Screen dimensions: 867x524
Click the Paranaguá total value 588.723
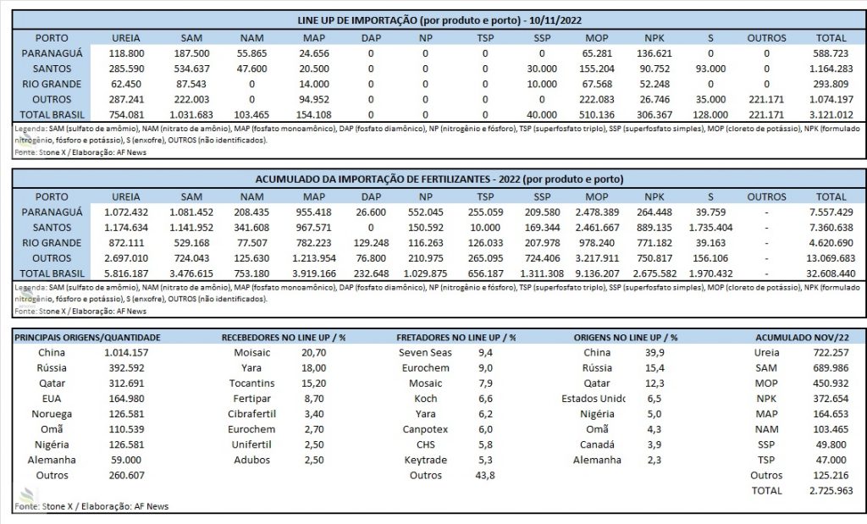(831, 53)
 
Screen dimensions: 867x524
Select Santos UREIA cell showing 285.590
(126, 69)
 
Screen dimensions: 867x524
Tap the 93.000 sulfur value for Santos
(710, 69)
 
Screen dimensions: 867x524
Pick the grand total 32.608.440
(831, 273)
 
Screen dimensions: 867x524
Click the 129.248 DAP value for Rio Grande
(371, 243)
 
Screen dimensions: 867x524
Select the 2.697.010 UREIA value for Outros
(126, 259)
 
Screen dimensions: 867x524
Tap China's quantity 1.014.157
(126, 353)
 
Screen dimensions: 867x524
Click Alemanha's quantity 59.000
(126, 460)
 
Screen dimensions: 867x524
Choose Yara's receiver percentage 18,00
(313, 368)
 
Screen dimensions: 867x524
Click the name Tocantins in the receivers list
(251, 383)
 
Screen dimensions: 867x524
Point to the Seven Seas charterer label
(425, 353)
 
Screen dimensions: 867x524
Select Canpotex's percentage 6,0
(485, 429)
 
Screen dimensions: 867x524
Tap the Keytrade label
(425, 460)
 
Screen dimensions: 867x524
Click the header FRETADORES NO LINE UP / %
(456, 337)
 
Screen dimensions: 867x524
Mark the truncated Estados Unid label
(594, 399)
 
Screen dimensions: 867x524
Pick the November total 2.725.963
(831, 491)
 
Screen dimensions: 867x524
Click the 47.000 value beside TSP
(831, 460)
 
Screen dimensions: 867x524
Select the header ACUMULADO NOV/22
(802, 337)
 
